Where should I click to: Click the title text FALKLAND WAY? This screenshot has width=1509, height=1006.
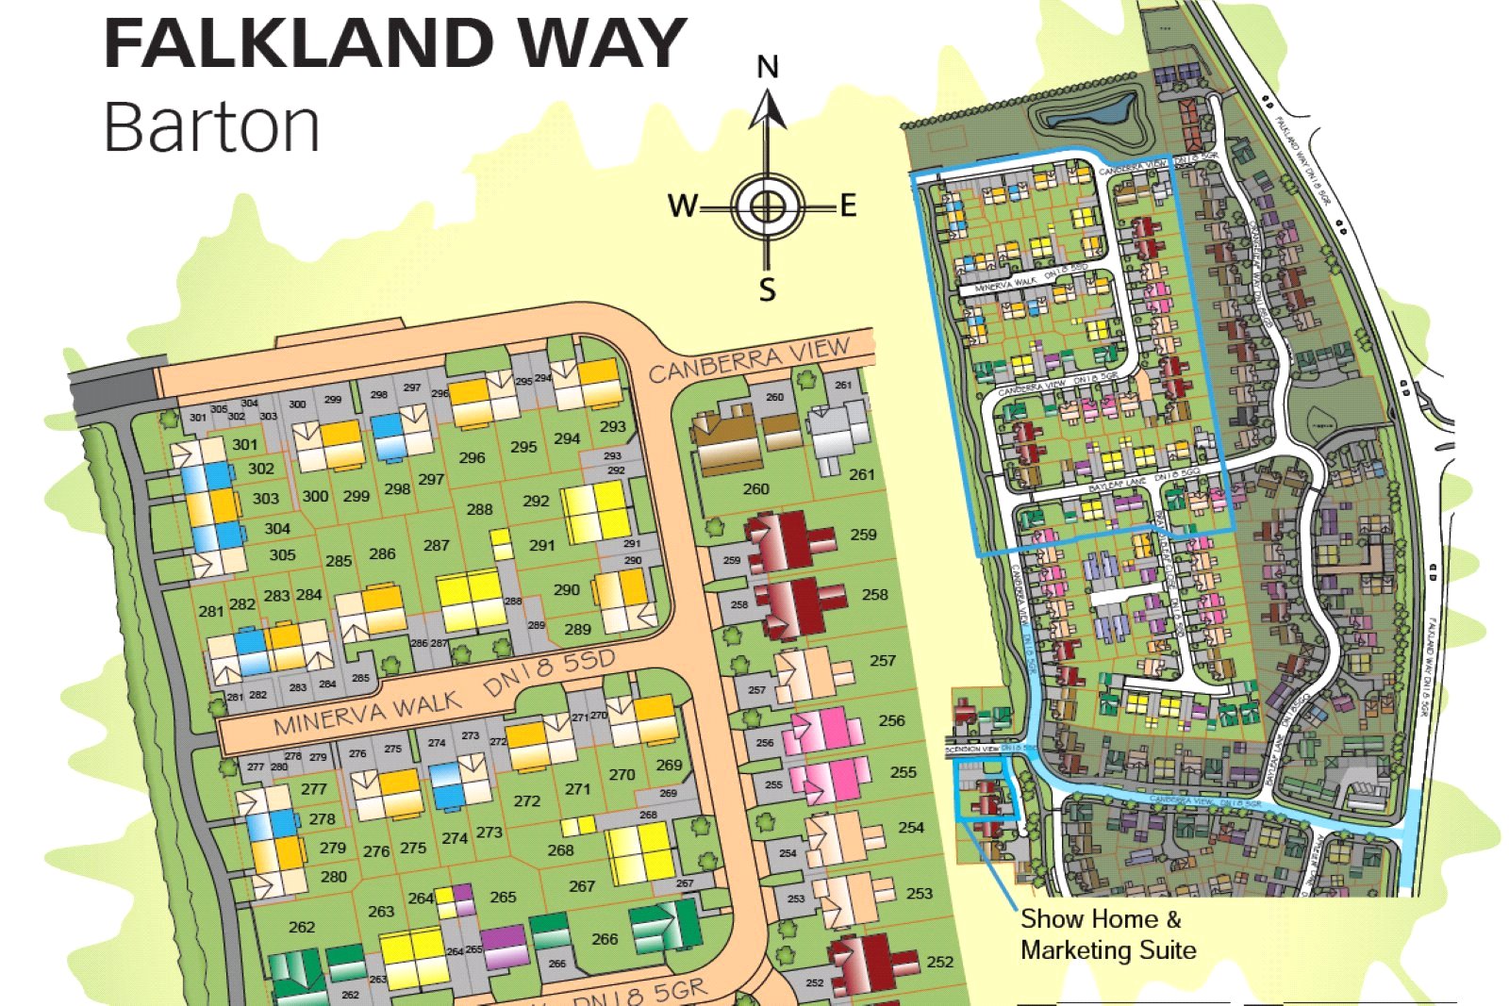coord(394,43)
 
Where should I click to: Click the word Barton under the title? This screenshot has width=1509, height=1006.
coord(211,126)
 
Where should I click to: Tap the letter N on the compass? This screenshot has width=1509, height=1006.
coord(768,67)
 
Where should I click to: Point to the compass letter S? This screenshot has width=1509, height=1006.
coord(768,289)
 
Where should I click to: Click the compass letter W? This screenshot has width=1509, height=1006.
coord(683,205)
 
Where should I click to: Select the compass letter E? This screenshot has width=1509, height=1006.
coord(848,205)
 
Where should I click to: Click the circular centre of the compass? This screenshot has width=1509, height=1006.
coord(768,206)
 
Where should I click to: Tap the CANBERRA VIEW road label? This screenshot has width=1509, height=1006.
coord(749,359)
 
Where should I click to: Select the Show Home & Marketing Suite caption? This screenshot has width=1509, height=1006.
coord(1107,934)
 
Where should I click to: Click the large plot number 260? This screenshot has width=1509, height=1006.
coord(755,488)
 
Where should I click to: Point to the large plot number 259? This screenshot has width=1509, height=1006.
coord(863,534)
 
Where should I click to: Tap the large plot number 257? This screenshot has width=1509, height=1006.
coord(883,660)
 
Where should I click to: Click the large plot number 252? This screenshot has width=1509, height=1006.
coord(939,962)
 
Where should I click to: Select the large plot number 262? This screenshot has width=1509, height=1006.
coord(302,927)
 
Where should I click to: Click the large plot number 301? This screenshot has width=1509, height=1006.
coord(245,444)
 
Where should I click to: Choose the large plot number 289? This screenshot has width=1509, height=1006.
coord(577,629)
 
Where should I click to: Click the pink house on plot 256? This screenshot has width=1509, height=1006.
coord(822,732)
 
